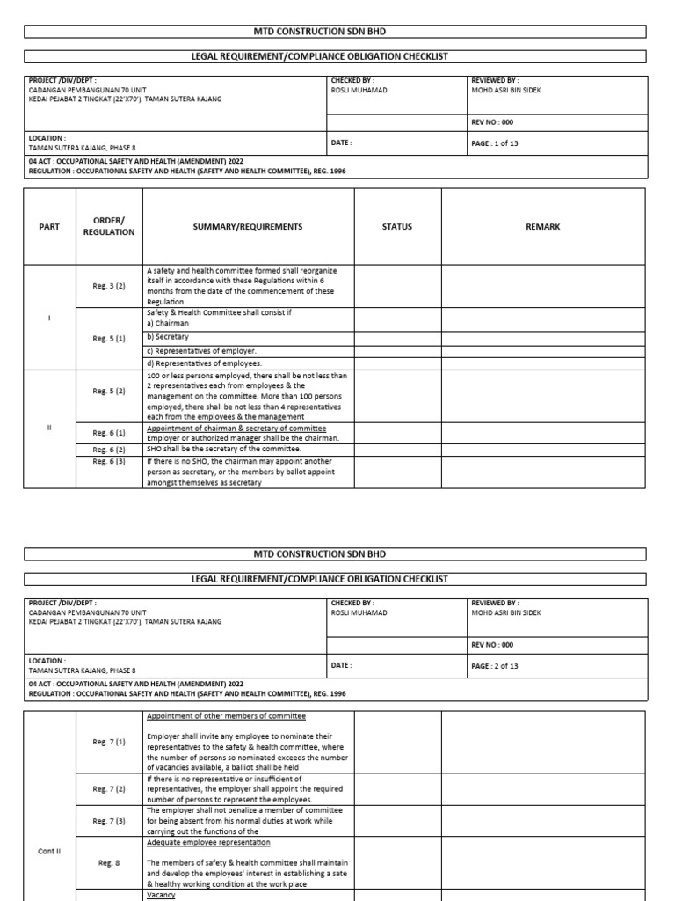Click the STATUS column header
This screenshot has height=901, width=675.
click(x=396, y=227)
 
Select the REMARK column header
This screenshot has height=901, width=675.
click(x=542, y=227)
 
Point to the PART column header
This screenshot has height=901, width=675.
click(x=49, y=227)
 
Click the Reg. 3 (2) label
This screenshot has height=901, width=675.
click(x=109, y=285)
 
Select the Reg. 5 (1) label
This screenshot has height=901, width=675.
click(x=109, y=338)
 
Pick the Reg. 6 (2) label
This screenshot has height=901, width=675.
click(x=109, y=449)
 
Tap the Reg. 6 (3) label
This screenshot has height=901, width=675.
click(x=109, y=461)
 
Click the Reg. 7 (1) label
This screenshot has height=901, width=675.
click(x=109, y=742)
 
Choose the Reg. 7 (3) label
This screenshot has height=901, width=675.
click(x=109, y=820)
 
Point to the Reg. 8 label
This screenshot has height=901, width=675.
click(x=109, y=862)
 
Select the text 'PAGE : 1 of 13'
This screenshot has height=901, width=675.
click(x=495, y=143)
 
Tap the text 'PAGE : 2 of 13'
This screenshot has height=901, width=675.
click(x=495, y=666)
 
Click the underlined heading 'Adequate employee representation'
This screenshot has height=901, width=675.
click(x=202, y=843)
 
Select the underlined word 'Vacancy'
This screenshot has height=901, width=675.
click(x=161, y=895)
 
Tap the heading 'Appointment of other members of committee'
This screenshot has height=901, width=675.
click(x=226, y=716)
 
